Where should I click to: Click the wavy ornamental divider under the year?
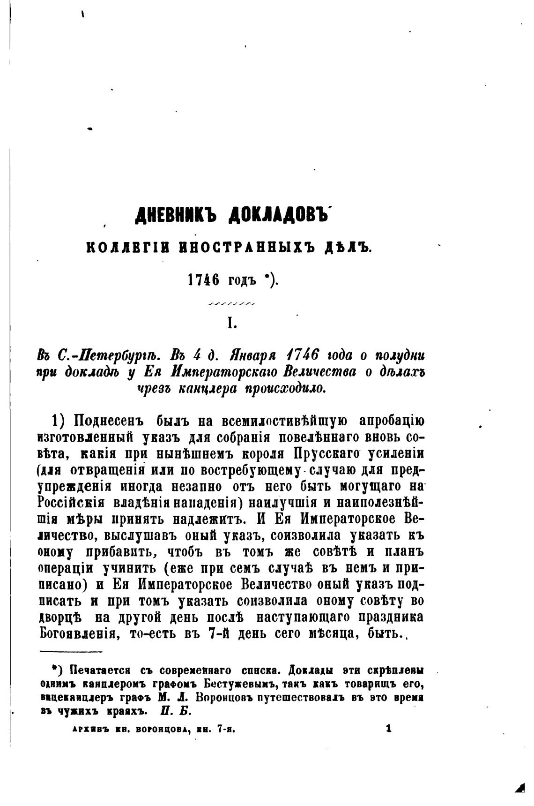pos(231,304)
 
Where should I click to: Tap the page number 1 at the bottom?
pos(388,729)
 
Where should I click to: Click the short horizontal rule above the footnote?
pos(71,652)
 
